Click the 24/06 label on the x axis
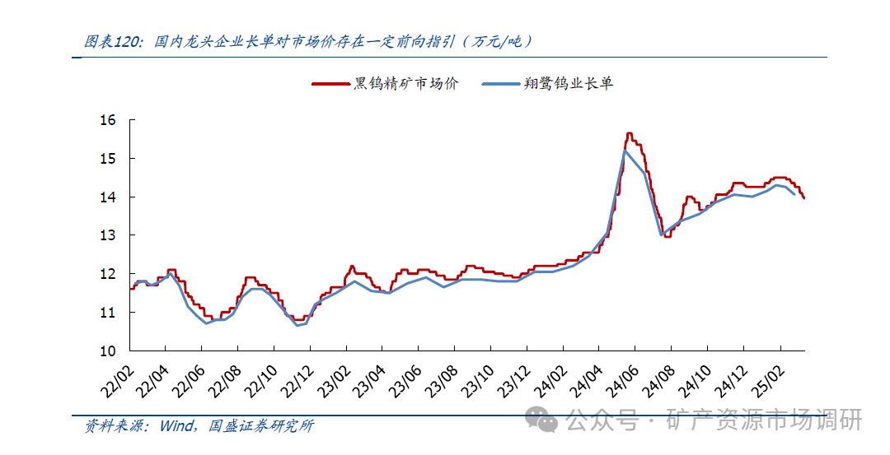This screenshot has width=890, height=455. tap(625, 375)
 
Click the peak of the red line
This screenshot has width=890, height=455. tap(629, 133)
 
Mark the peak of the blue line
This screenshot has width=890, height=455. tap(625, 151)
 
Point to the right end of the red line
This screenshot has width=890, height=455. tap(803, 197)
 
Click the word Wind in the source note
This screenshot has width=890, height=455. tap(176, 426)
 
